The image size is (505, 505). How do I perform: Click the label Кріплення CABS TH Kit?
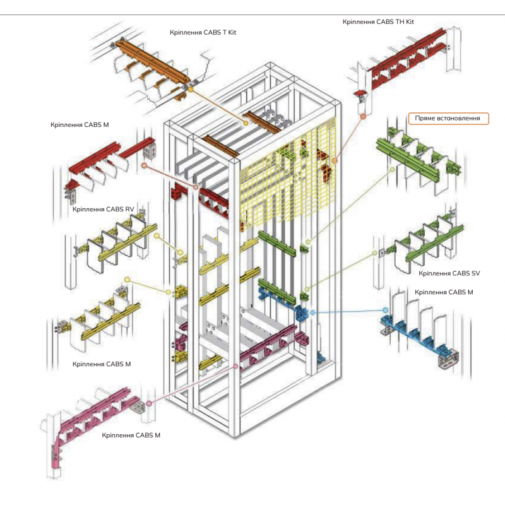pyautogui.click(x=378, y=21)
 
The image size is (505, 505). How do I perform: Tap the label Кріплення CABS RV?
pyautogui.click(x=103, y=209)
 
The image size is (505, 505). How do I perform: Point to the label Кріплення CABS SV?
pyautogui.click(x=449, y=273)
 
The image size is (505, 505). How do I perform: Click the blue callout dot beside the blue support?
pyautogui.click(x=386, y=310)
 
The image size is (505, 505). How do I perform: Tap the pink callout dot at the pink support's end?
pyautogui.click(x=149, y=401)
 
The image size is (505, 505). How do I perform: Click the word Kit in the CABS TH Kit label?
pyautogui.click(x=409, y=21)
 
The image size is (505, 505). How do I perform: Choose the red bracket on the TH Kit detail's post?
pyautogui.click(x=360, y=96)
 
